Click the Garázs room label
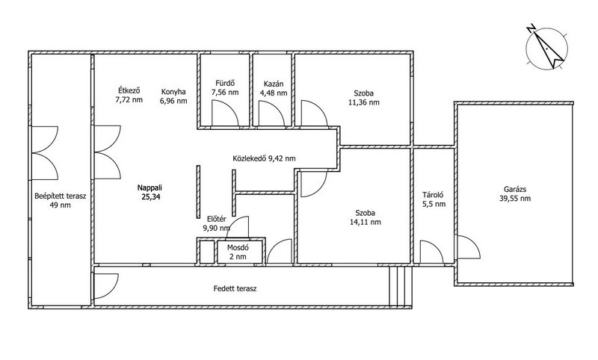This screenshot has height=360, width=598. point(515,189)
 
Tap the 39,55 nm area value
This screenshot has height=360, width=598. point(515,199)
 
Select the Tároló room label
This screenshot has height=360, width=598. point(433,195)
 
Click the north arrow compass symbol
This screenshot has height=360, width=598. point(546,48)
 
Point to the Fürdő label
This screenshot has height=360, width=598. point(225,83)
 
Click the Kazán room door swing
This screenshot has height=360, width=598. point(271,113)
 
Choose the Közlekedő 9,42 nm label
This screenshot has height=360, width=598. point(264,158)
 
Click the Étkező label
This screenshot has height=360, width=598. point(129,90)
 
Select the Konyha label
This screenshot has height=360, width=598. point(173,92)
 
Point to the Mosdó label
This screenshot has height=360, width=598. point(238,248)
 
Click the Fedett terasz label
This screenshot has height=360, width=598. point(235,289)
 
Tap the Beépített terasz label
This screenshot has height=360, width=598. point(61,196)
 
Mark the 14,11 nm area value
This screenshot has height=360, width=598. point(365,222)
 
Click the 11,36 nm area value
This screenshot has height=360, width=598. point(364,102)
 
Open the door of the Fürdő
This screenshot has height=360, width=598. point(225,113)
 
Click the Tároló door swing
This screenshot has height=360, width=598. point(432,252)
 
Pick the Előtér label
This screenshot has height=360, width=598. point(217,219)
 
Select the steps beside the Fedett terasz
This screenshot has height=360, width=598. point(400,287)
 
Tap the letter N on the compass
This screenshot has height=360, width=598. point(530,28)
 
